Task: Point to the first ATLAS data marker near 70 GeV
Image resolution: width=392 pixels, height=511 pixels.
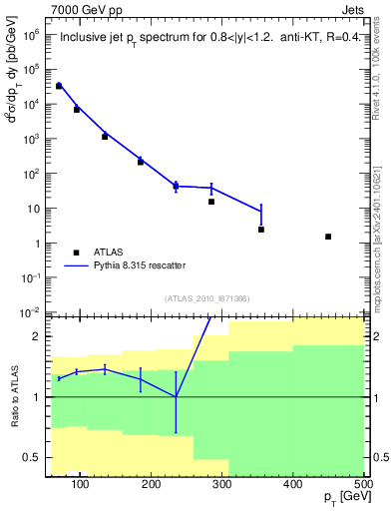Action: [59, 87]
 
